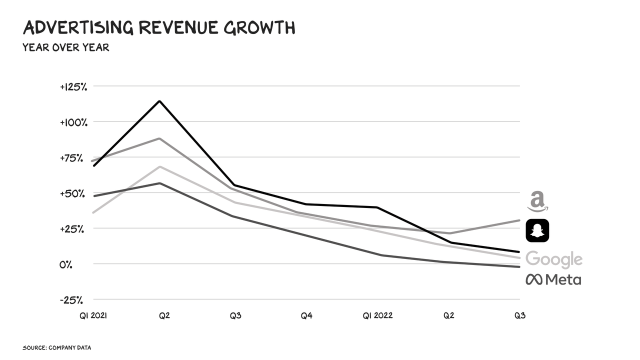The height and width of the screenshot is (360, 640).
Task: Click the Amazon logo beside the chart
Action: pyautogui.click(x=537, y=201)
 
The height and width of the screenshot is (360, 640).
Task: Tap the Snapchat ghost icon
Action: pyautogui.click(x=537, y=230)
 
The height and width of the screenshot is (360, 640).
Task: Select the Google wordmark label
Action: pyautogui.click(x=554, y=259)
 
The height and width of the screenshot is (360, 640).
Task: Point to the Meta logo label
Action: pyautogui.click(x=553, y=279)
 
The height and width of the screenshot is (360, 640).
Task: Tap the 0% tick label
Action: pyautogui.click(x=66, y=264)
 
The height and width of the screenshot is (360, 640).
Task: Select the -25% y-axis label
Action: pyautogui.click(x=71, y=300)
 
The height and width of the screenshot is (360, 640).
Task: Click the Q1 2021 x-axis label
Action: pyautogui.click(x=93, y=316)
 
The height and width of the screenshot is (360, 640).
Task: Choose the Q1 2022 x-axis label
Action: pyautogui.click(x=377, y=316)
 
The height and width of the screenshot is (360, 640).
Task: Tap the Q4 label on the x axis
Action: pyautogui.click(x=306, y=316)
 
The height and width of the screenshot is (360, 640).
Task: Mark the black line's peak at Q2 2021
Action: pyautogui.click(x=159, y=101)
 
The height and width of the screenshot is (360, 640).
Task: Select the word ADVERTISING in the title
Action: pyautogui.click(x=78, y=28)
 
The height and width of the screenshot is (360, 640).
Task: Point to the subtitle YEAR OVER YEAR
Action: pyautogui.click(x=65, y=48)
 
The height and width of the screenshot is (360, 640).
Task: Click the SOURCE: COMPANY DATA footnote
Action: pyautogui.click(x=56, y=347)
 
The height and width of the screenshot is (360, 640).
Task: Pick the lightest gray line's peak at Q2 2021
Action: pyautogui.click(x=159, y=166)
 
